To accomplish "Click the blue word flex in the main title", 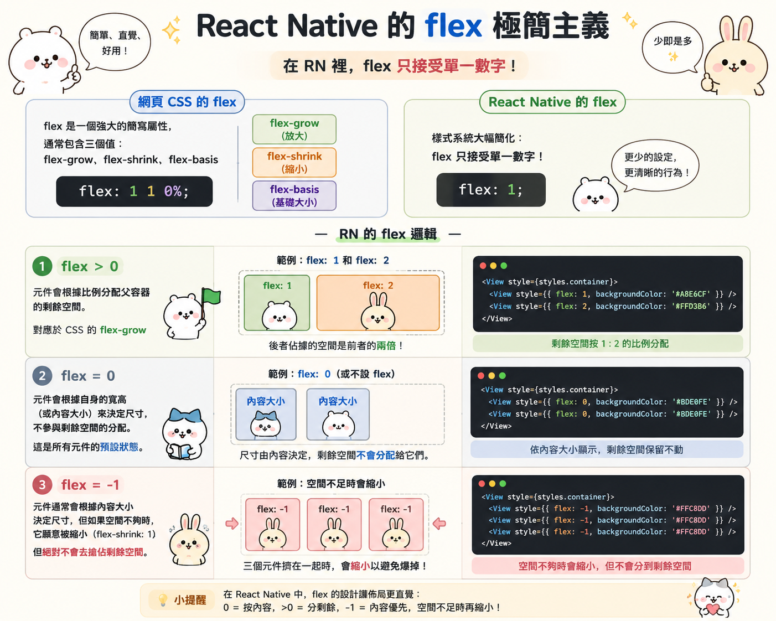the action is point(453,26).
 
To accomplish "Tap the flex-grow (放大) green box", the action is point(294,130).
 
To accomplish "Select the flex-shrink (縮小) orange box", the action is point(294,162).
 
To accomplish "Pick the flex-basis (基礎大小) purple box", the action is point(294,195).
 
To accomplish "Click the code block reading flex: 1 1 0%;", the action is point(134,191).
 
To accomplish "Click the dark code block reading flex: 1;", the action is point(491,190).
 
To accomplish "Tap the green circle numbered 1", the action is point(42,266).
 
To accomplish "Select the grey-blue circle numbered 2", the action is point(42,376).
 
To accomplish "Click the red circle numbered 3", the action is point(42,485).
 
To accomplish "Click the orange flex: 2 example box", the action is point(378,303).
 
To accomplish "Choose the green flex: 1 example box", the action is point(277,303).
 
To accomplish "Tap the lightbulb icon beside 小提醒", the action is point(163,600).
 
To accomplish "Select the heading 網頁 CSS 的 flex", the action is point(187,102).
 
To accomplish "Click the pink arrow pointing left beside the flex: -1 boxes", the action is point(439,523).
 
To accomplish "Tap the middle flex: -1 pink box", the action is point(334,525).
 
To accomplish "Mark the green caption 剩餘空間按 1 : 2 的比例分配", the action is point(610,344).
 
